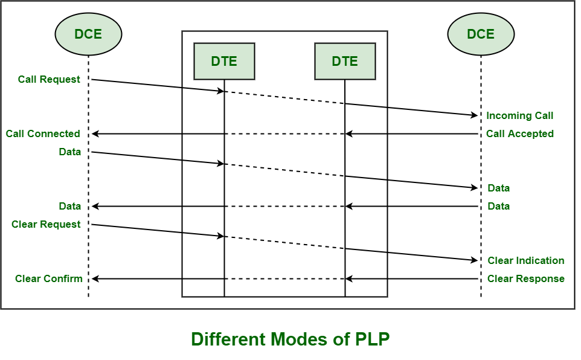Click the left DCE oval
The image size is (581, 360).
point(88,34)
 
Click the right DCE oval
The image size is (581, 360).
point(481,34)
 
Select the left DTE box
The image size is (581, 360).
point(224,61)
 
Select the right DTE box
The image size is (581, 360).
point(345,61)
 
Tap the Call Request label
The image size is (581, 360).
point(49,79)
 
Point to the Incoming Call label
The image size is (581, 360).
point(519,115)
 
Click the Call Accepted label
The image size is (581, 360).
point(519,133)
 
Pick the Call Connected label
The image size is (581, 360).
point(43,133)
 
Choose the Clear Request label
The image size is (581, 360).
point(46,224)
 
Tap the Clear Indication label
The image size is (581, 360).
point(525,260)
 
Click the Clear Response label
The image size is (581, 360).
point(525,278)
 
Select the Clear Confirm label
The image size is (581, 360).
point(48,278)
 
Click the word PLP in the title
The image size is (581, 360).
point(368,339)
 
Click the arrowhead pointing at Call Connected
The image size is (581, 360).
point(95,133)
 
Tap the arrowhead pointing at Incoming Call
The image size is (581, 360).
point(475,115)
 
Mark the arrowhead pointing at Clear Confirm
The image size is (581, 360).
point(95,278)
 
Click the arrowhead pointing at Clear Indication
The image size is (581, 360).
point(475,260)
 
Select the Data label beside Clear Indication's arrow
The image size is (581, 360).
point(498,206)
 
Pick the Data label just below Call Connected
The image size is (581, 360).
point(70,152)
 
